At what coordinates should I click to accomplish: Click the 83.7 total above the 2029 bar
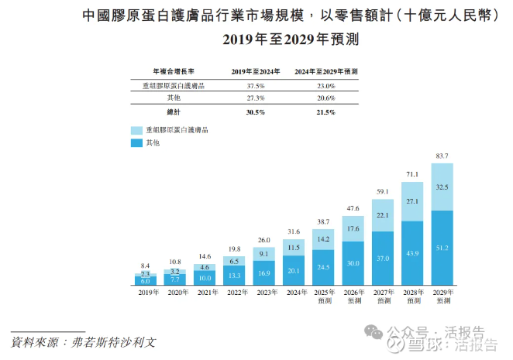(x=442, y=156)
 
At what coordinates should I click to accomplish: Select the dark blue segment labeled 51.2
(x=442, y=248)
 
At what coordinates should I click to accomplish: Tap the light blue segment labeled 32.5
(x=442, y=187)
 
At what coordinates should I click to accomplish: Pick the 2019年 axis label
(x=145, y=293)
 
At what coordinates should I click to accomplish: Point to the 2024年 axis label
(x=293, y=293)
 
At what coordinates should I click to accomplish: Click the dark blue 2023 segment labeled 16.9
(x=263, y=273)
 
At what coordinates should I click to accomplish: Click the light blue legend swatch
(x=137, y=131)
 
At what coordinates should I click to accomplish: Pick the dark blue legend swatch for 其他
(x=137, y=143)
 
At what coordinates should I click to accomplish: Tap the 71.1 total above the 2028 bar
(x=412, y=175)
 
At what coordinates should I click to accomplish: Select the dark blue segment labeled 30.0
(x=353, y=263)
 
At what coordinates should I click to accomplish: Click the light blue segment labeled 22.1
(x=383, y=215)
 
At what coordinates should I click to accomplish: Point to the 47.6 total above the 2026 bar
(x=353, y=208)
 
